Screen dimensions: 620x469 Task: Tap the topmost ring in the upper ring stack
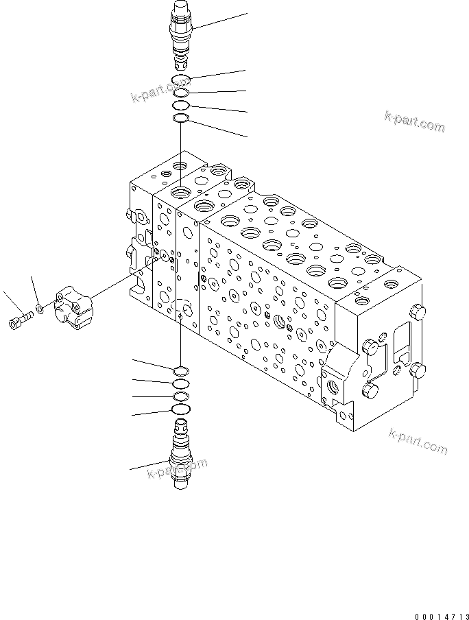[x=181, y=80]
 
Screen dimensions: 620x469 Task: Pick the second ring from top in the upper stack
[x=181, y=93]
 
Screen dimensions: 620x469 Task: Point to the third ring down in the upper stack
[x=181, y=106]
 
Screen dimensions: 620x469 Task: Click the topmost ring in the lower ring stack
[x=180, y=371]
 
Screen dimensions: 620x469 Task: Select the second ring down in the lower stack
[x=180, y=384]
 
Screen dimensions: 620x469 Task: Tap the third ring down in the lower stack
[x=180, y=396]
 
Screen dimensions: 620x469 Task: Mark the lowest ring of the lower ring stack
[x=180, y=409]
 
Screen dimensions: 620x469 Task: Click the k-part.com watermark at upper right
[x=414, y=121]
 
